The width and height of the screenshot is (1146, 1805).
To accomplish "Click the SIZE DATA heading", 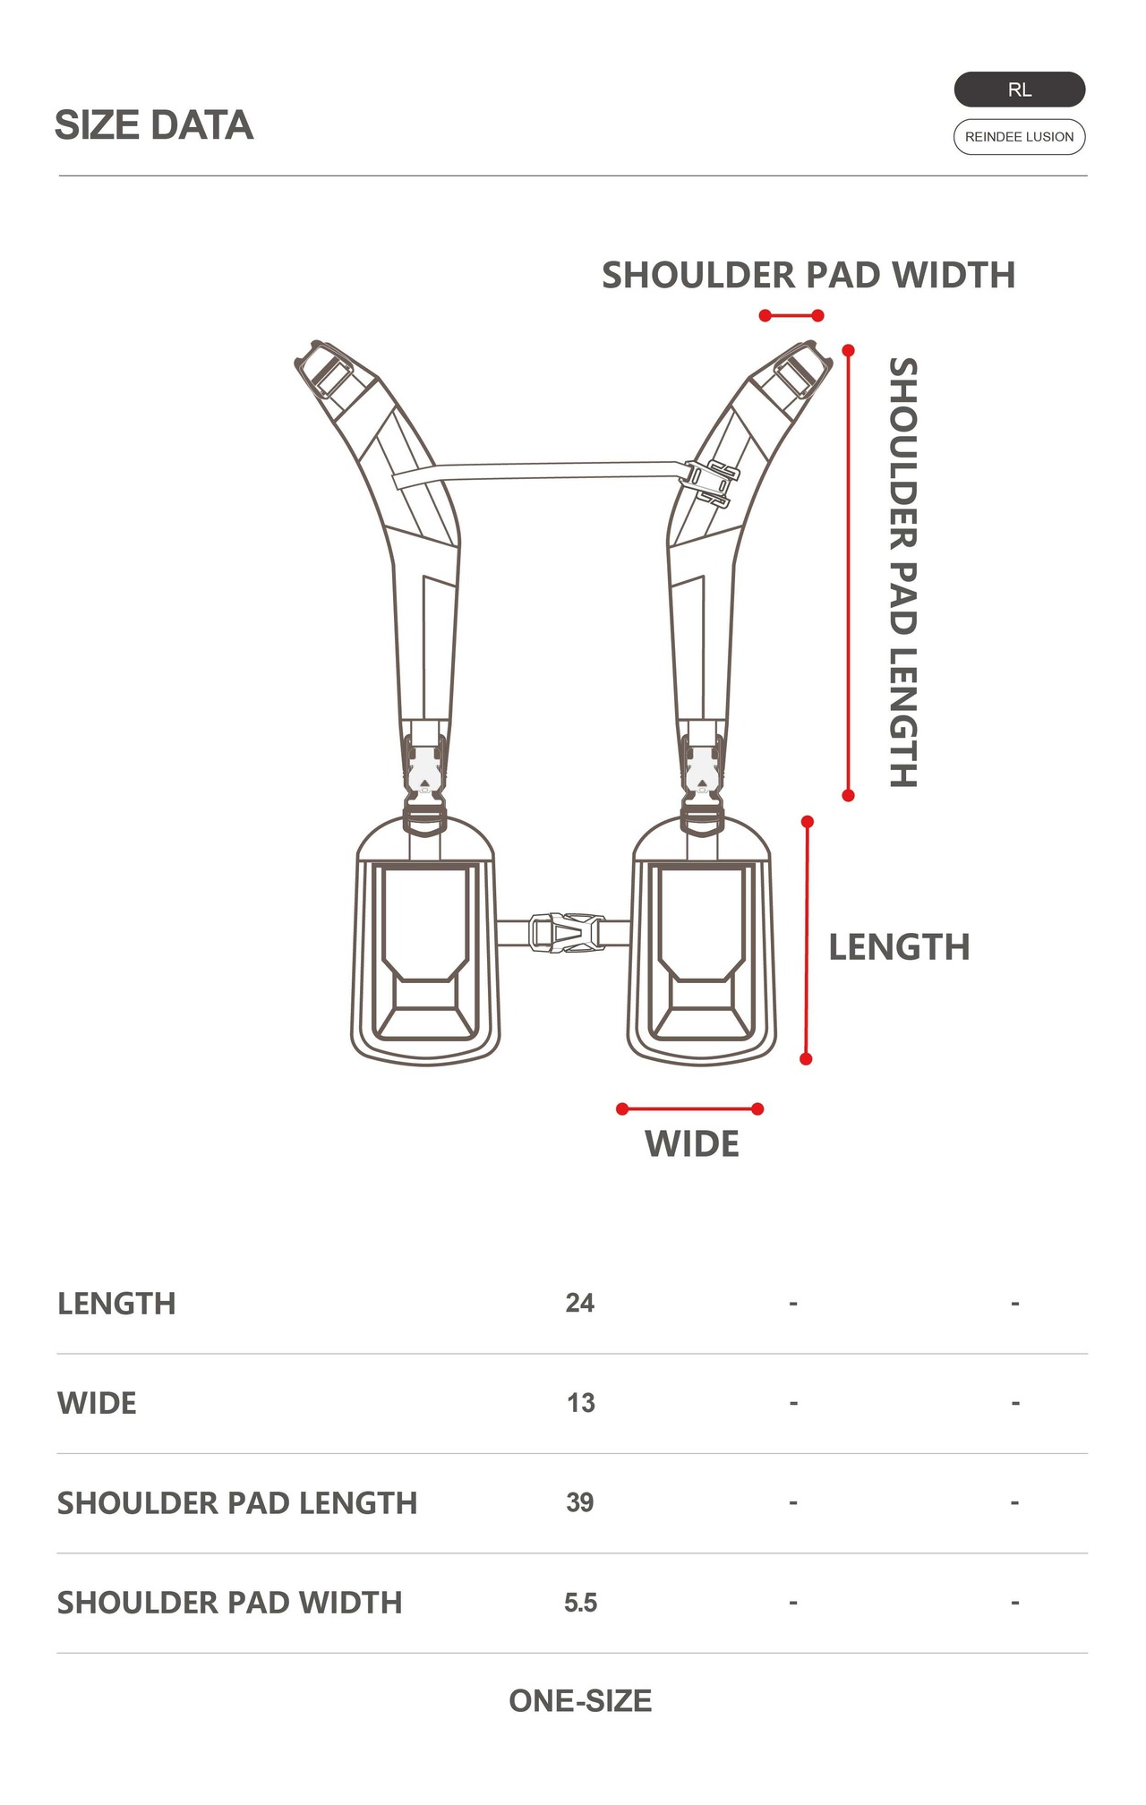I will pyautogui.click(x=154, y=124).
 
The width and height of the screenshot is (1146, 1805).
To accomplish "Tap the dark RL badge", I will pyautogui.click(x=1019, y=90).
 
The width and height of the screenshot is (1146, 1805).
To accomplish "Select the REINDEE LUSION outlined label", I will pyautogui.click(x=1019, y=137).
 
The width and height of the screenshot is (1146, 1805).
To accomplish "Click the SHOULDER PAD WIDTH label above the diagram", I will pyautogui.click(x=808, y=275).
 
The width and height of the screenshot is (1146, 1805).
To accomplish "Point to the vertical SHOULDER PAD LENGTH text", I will pyautogui.click(x=902, y=573).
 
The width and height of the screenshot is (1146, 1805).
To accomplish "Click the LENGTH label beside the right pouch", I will pyautogui.click(x=899, y=947).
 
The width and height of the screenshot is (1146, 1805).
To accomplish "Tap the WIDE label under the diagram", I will pyautogui.click(x=692, y=1144).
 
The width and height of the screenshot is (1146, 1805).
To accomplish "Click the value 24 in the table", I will pyautogui.click(x=579, y=1303).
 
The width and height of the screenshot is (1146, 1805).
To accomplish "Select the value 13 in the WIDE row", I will pyautogui.click(x=580, y=1403).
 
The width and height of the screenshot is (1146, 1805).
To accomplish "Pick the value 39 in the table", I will pyautogui.click(x=579, y=1502).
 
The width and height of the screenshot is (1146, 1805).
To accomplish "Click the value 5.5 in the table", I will pyautogui.click(x=580, y=1603).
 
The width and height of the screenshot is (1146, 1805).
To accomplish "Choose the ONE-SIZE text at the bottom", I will pyautogui.click(x=580, y=1701).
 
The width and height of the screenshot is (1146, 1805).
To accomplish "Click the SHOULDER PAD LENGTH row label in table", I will pyautogui.click(x=237, y=1502).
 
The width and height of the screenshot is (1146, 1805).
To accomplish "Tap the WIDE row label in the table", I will pyautogui.click(x=97, y=1403).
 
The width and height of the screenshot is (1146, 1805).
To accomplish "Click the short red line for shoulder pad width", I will pyautogui.click(x=791, y=315).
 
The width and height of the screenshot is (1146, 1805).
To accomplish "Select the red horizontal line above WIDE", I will pyautogui.click(x=689, y=1109).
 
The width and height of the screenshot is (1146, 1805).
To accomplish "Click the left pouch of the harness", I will pyautogui.click(x=425, y=949).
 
